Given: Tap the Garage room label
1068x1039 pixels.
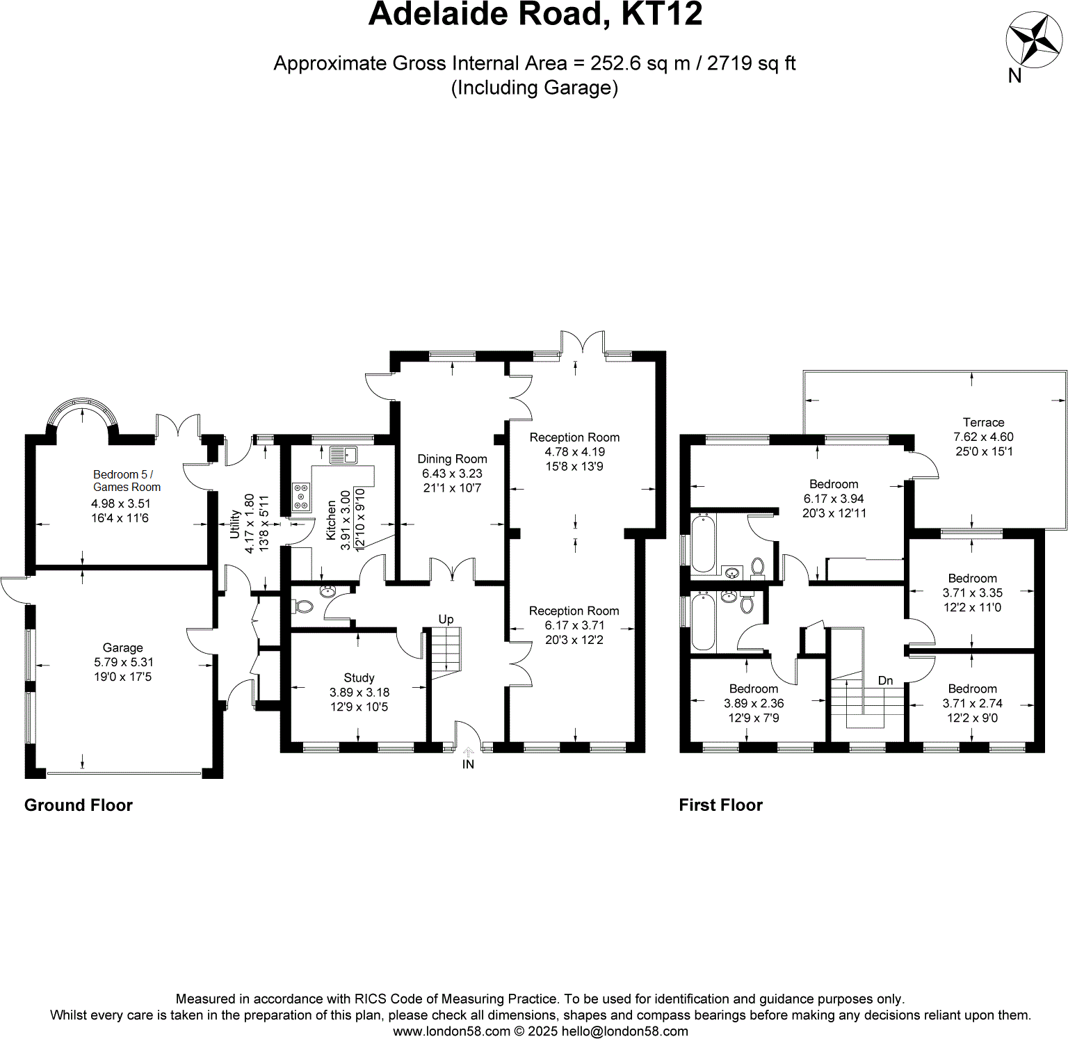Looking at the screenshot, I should (x=123, y=647).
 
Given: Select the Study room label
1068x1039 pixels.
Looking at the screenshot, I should (x=359, y=677).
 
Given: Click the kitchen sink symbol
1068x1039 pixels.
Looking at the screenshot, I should (x=343, y=455).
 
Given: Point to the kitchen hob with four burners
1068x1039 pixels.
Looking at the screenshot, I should (x=301, y=497).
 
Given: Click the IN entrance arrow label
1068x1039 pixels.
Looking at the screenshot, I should (x=468, y=764).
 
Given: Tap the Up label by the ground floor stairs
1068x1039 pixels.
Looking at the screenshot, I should (x=446, y=619).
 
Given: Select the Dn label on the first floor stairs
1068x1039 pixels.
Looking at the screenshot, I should (x=885, y=680).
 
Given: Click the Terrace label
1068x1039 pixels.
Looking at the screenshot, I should (x=983, y=422).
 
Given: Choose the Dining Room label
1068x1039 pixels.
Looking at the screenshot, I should (x=452, y=458).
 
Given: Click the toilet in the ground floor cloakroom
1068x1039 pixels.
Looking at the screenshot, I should (x=303, y=606).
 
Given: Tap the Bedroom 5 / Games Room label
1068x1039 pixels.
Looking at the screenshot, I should (x=124, y=481).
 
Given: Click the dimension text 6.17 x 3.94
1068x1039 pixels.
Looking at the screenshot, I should (x=833, y=499).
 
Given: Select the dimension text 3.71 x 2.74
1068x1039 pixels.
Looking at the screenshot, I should (x=972, y=703).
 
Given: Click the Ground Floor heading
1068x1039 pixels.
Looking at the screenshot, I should (x=78, y=805).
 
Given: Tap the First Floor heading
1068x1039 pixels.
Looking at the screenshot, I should (x=720, y=805).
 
